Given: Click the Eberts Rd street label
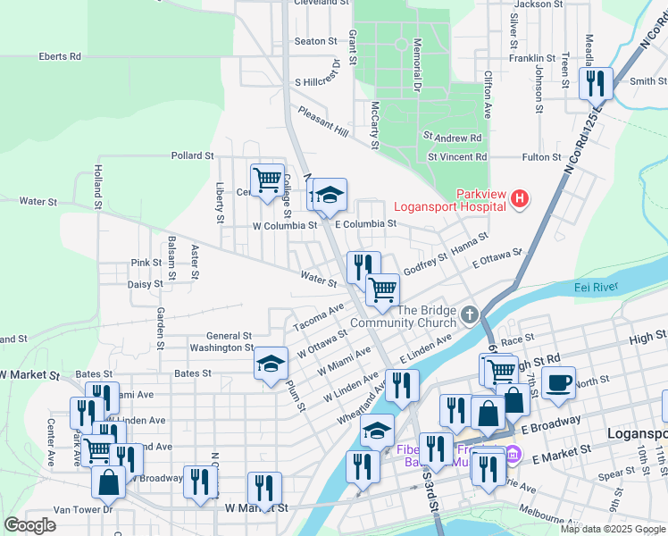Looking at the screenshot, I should click(60, 56).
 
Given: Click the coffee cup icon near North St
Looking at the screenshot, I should click(558, 382).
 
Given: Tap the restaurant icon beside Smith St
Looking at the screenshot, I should click(595, 84).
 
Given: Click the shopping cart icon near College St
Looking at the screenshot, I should click(267, 180).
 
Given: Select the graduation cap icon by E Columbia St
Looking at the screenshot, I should click(330, 195).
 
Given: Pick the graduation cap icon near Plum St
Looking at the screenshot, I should click(271, 364).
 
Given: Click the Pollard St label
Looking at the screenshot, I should click(192, 155).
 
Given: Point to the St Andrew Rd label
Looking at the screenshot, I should click(453, 138).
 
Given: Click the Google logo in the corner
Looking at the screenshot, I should click(29, 525).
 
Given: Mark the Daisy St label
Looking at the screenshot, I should click(145, 284).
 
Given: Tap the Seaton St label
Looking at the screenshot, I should click(315, 41).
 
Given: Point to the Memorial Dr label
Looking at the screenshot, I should click(417, 66).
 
